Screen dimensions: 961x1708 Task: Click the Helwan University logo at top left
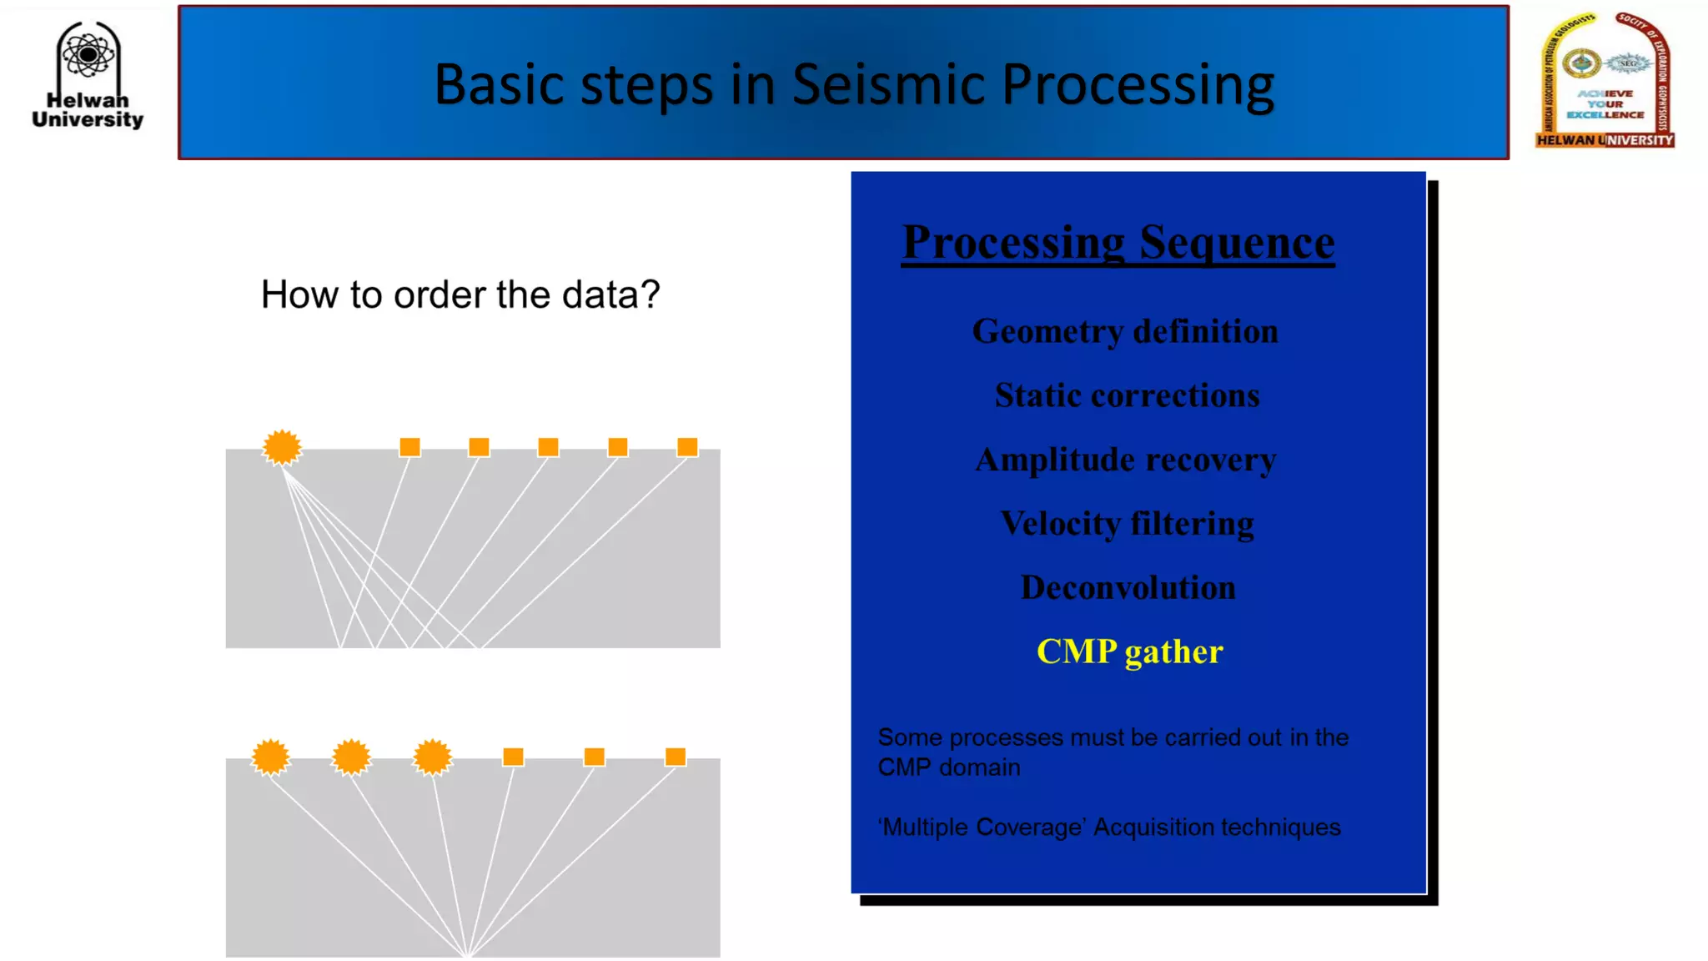coord(88,75)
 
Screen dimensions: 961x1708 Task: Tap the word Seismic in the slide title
coord(887,84)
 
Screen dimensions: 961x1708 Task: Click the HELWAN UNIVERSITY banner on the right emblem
coord(1605,140)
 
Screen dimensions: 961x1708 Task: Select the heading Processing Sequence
coord(1118,243)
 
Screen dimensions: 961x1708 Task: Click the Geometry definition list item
coord(1124,331)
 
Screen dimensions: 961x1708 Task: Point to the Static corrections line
coord(1127,395)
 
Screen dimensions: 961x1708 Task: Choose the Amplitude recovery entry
coord(1125,460)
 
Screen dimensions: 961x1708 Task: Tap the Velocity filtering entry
coord(1127,524)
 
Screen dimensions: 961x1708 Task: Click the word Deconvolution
coord(1128,587)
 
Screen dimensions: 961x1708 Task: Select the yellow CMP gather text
coord(1129,652)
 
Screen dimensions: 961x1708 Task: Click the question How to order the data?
coord(460,294)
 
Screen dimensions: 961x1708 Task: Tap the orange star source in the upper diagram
coord(282,447)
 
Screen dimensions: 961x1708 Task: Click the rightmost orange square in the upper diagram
coord(687,447)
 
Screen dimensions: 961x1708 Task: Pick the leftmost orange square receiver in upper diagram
coord(409,447)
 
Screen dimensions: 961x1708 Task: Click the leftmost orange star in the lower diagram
coord(270,757)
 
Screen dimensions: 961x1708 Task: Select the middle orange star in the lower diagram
coord(351,757)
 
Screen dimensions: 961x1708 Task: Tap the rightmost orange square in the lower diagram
coord(676,757)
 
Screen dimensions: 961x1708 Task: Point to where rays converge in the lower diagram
coord(468,953)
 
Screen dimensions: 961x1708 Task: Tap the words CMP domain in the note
coord(948,767)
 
